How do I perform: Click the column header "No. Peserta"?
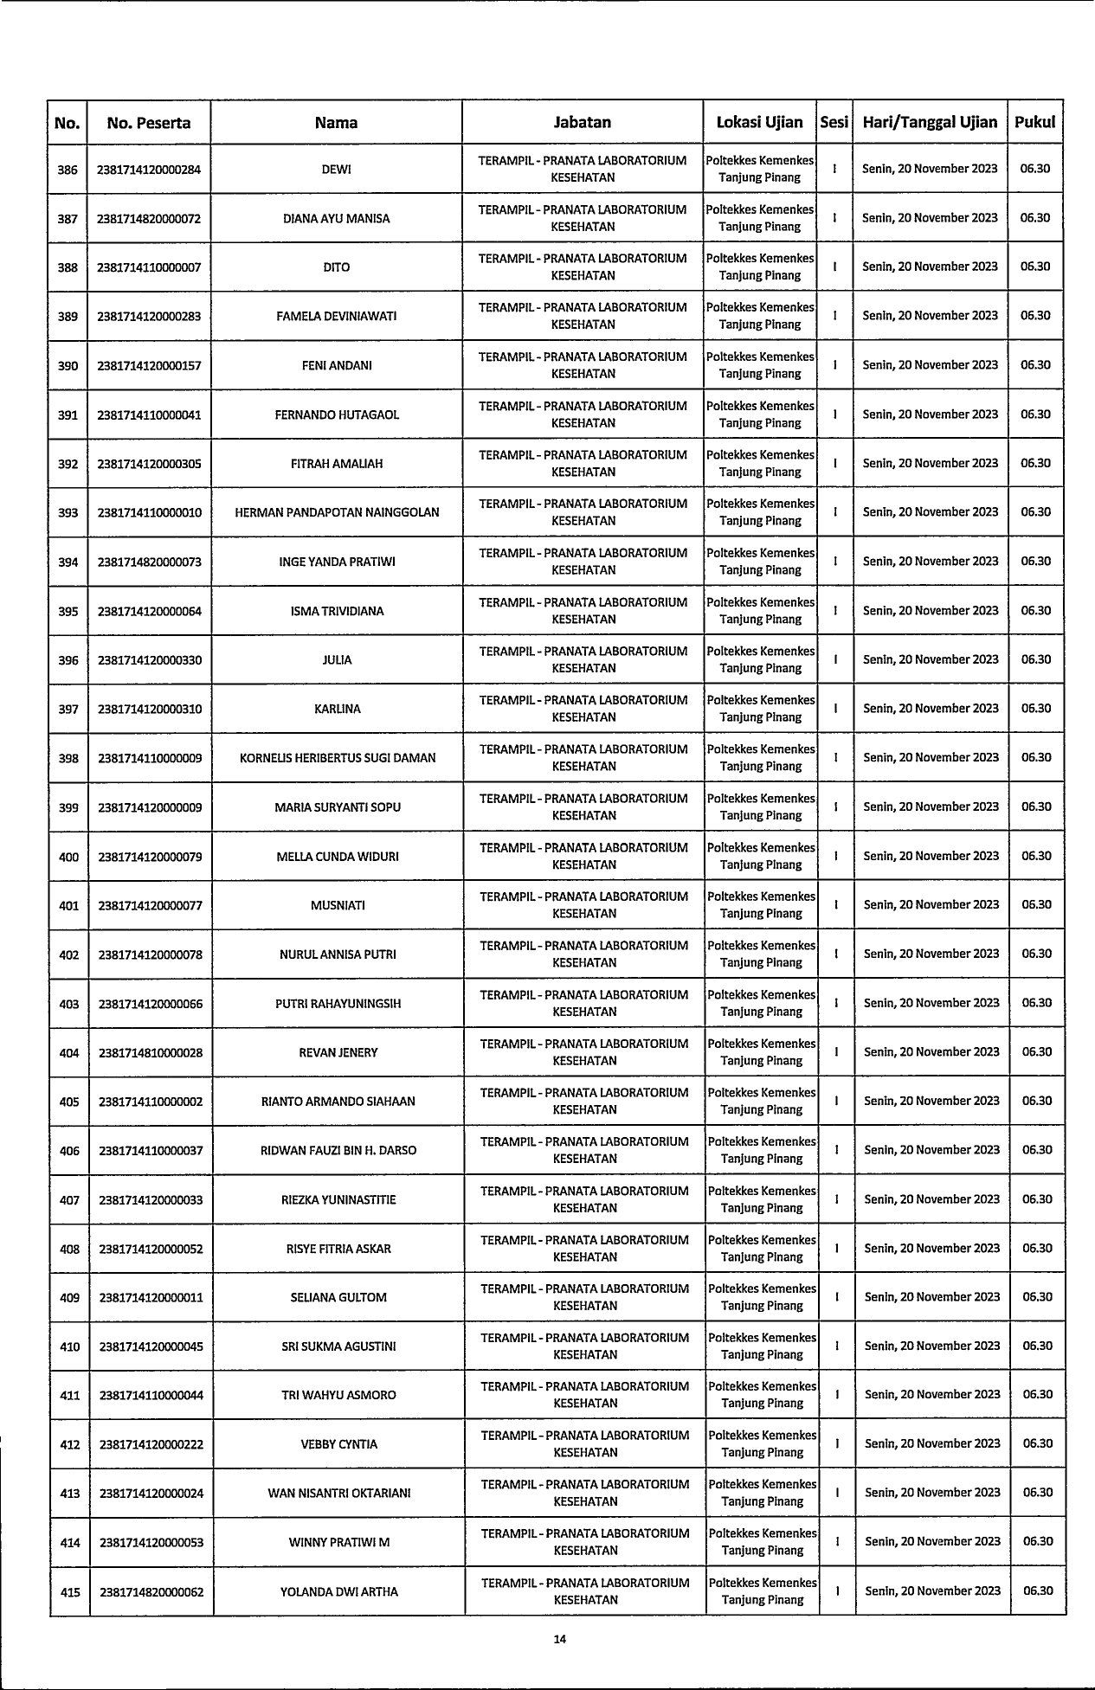tap(149, 123)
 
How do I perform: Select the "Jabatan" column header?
tap(583, 123)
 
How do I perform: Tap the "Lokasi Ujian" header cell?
tap(760, 123)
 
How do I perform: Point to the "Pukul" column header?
tap(1035, 123)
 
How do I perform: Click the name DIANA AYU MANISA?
tap(337, 219)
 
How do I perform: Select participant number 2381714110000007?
tap(149, 267)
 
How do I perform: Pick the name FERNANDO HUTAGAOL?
tap(337, 414)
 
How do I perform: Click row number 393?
tap(68, 512)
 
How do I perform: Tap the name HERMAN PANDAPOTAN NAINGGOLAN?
tap(337, 512)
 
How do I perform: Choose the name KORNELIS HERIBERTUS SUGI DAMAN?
tap(338, 758)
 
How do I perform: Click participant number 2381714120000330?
tap(150, 660)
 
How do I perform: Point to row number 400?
tap(68, 857)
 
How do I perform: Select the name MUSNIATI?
tap(338, 906)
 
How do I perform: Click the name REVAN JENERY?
tap(338, 1053)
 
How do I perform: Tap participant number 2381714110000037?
tap(151, 1151)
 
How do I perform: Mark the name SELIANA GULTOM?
tap(338, 1298)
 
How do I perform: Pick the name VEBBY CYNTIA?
tap(338, 1444)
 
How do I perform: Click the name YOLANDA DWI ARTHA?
tap(339, 1591)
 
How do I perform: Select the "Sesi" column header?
tap(834, 123)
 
